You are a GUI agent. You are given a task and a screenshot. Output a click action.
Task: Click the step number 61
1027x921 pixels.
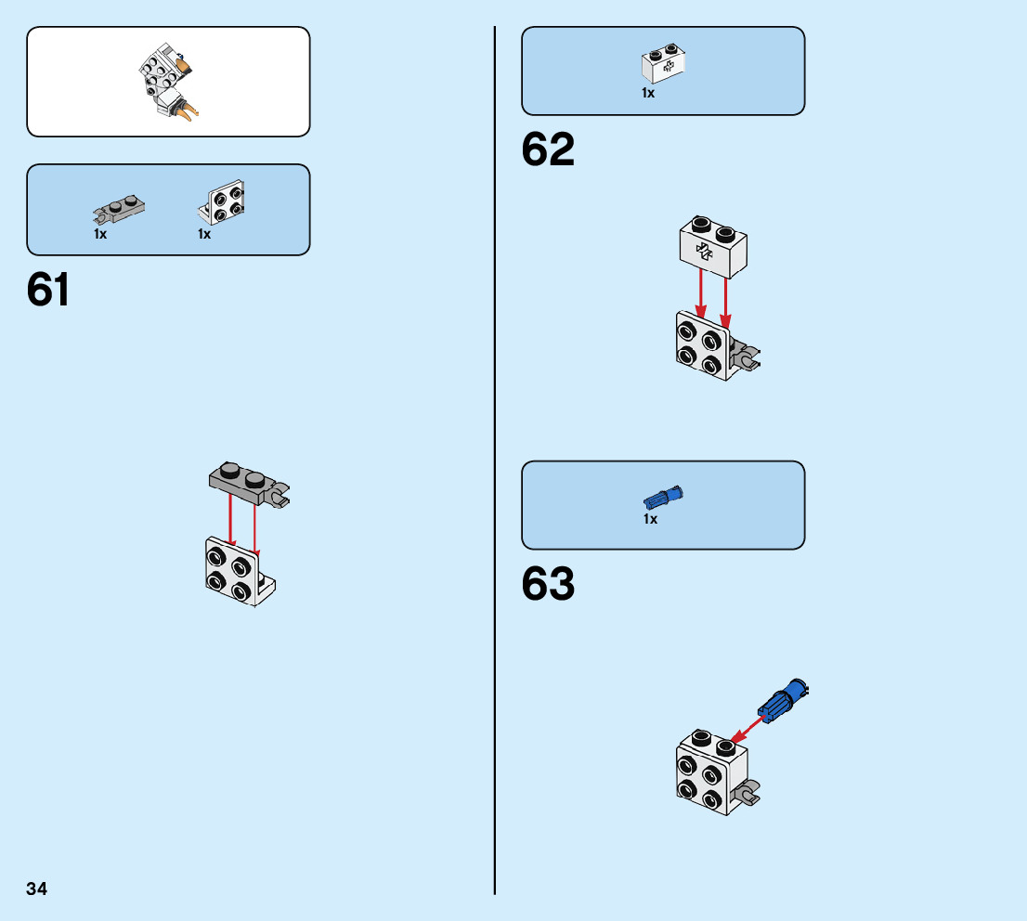click(x=49, y=290)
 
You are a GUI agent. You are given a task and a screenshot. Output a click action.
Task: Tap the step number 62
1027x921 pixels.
click(x=548, y=149)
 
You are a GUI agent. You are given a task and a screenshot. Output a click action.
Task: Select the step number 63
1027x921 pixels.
click(x=548, y=584)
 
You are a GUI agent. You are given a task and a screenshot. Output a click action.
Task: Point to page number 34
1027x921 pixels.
click(x=37, y=889)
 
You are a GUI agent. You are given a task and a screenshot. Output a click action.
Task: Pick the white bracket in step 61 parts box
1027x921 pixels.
click(x=221, y=203)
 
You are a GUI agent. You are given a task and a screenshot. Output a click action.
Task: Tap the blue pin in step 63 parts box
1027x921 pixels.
click(x=664, y=497)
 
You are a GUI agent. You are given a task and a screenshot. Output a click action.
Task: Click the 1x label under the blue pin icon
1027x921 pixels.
click(x=650, y=520)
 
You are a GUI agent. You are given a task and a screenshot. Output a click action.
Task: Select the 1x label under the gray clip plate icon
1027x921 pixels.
click(x=100, y=235)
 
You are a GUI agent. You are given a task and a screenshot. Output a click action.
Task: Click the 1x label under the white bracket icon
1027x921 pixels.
click(x=204, y=235)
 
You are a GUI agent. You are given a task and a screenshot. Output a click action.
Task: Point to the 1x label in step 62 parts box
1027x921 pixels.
click(x=648, y=94)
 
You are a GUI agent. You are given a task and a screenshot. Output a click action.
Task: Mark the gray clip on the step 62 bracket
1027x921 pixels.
click(x=747, y=355)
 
